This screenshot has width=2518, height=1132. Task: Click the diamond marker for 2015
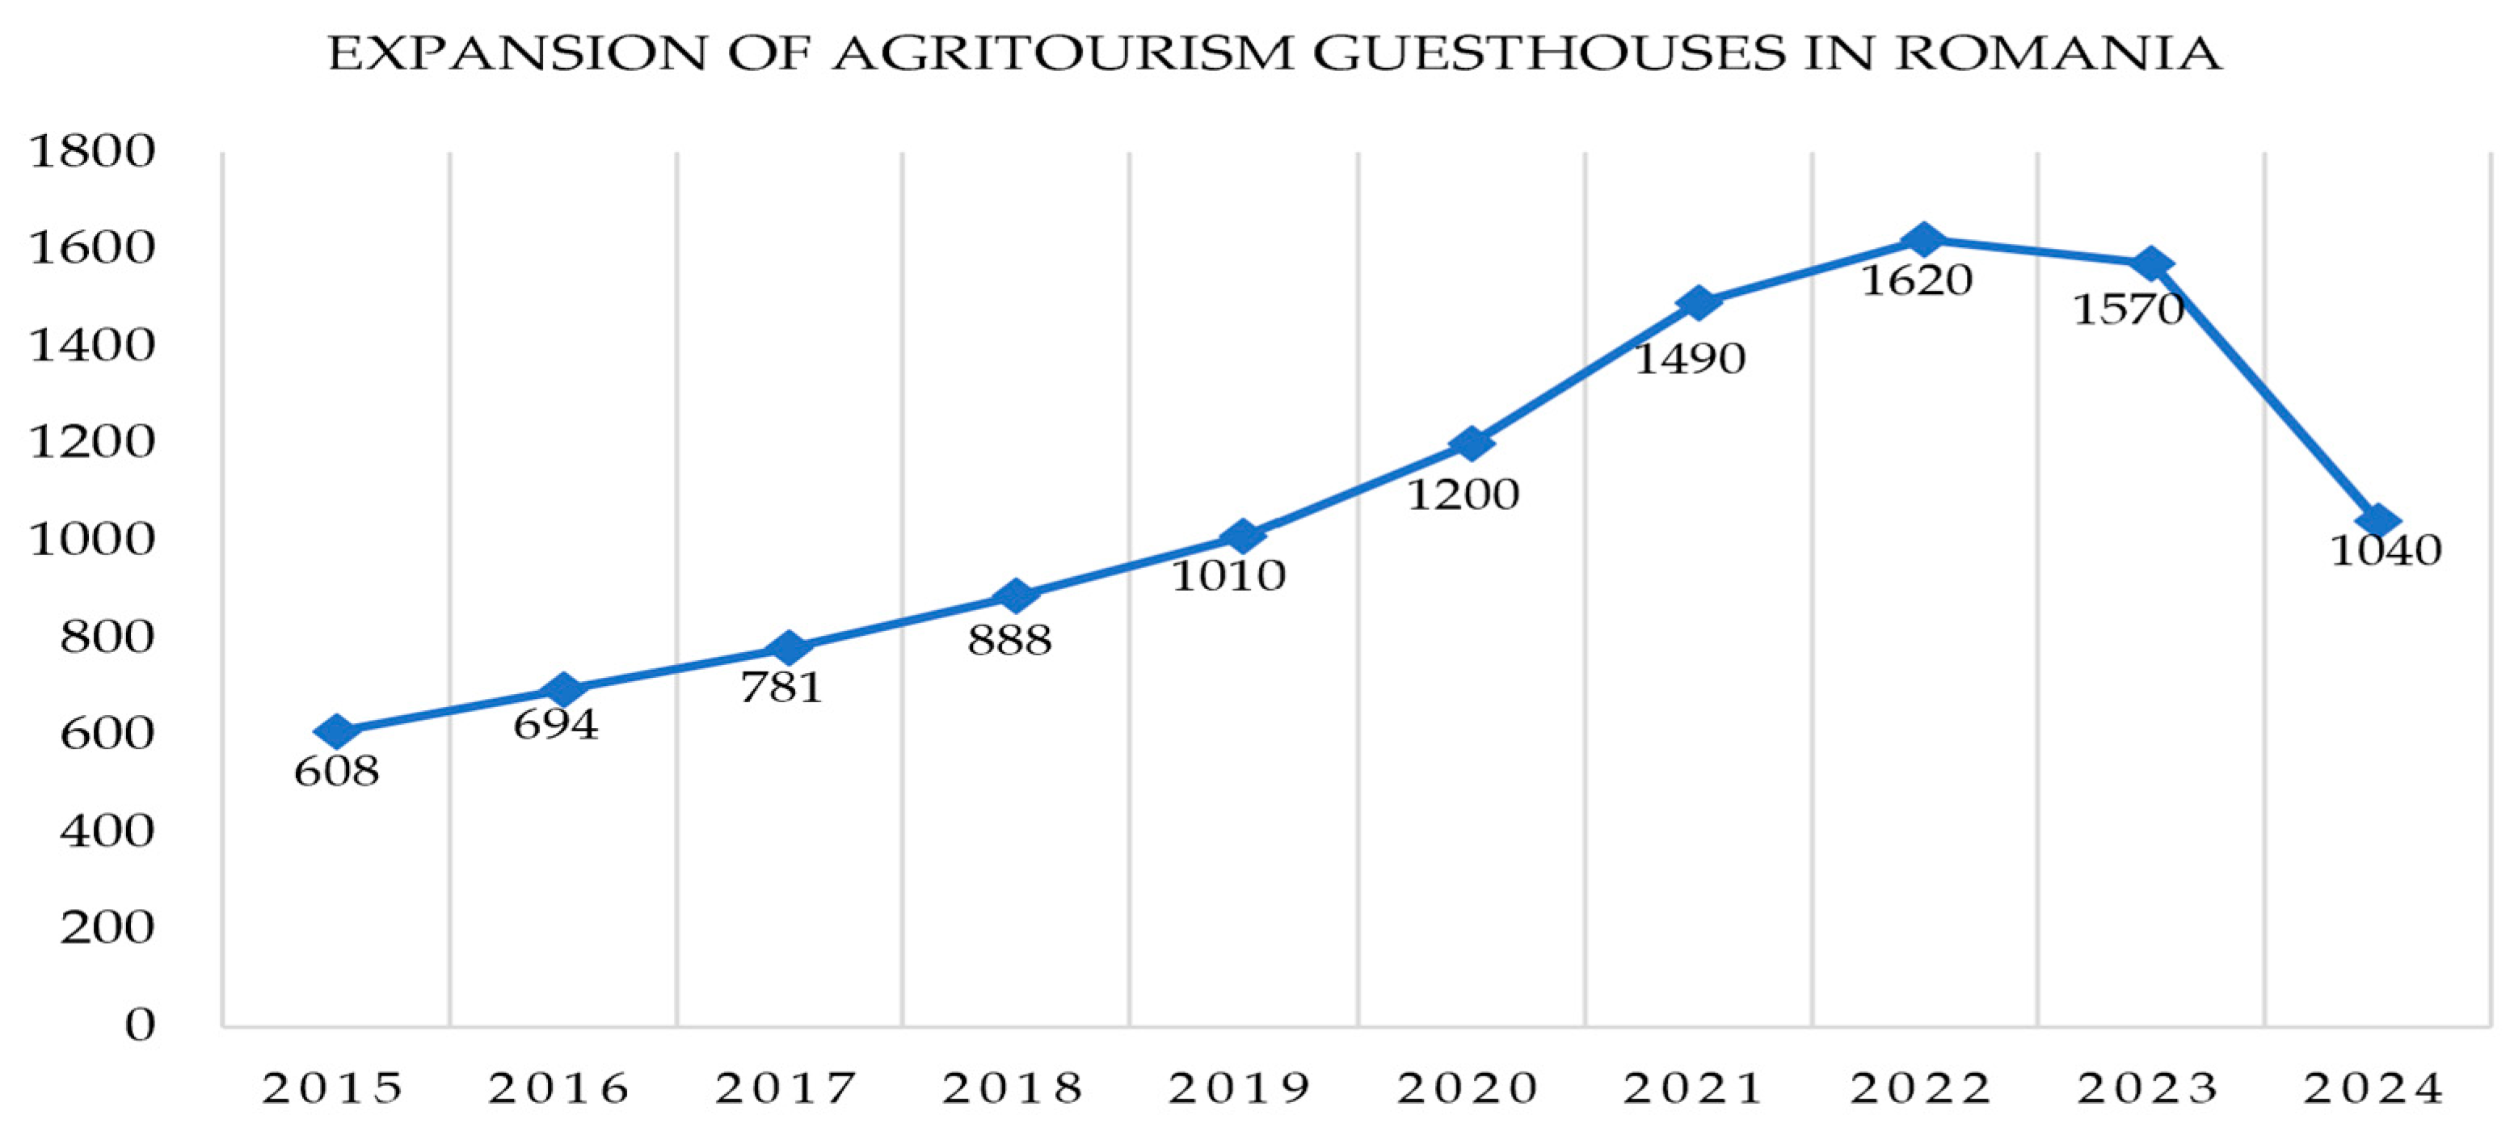336,731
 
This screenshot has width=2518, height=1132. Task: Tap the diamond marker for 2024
2377,521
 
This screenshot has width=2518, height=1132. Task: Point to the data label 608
336,772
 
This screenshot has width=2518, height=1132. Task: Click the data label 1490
1689,360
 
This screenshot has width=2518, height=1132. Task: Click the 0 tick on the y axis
140,1025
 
